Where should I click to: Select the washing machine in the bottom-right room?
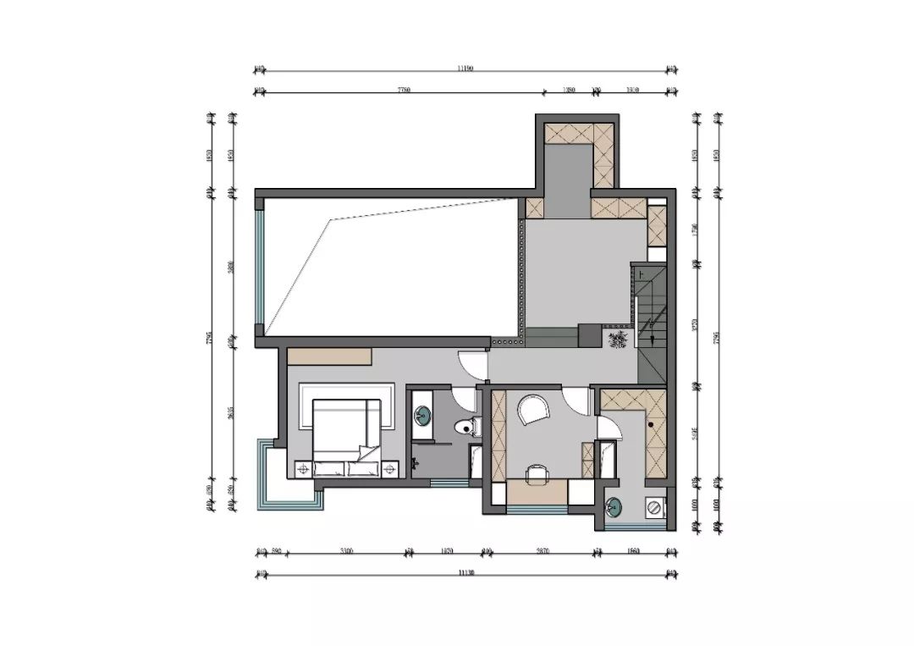[655, 508]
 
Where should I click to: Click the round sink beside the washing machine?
[614, 508]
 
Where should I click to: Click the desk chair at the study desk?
[536, 472]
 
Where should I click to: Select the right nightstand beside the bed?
[390, 467]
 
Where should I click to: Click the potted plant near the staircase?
[619, 340]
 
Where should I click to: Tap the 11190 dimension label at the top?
[464, 69]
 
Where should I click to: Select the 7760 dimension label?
[401, 90]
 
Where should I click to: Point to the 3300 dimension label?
[346, 552]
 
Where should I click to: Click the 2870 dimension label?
[542, 552]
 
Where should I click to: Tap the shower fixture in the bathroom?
[415, 462]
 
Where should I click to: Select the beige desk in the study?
[537, 491]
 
